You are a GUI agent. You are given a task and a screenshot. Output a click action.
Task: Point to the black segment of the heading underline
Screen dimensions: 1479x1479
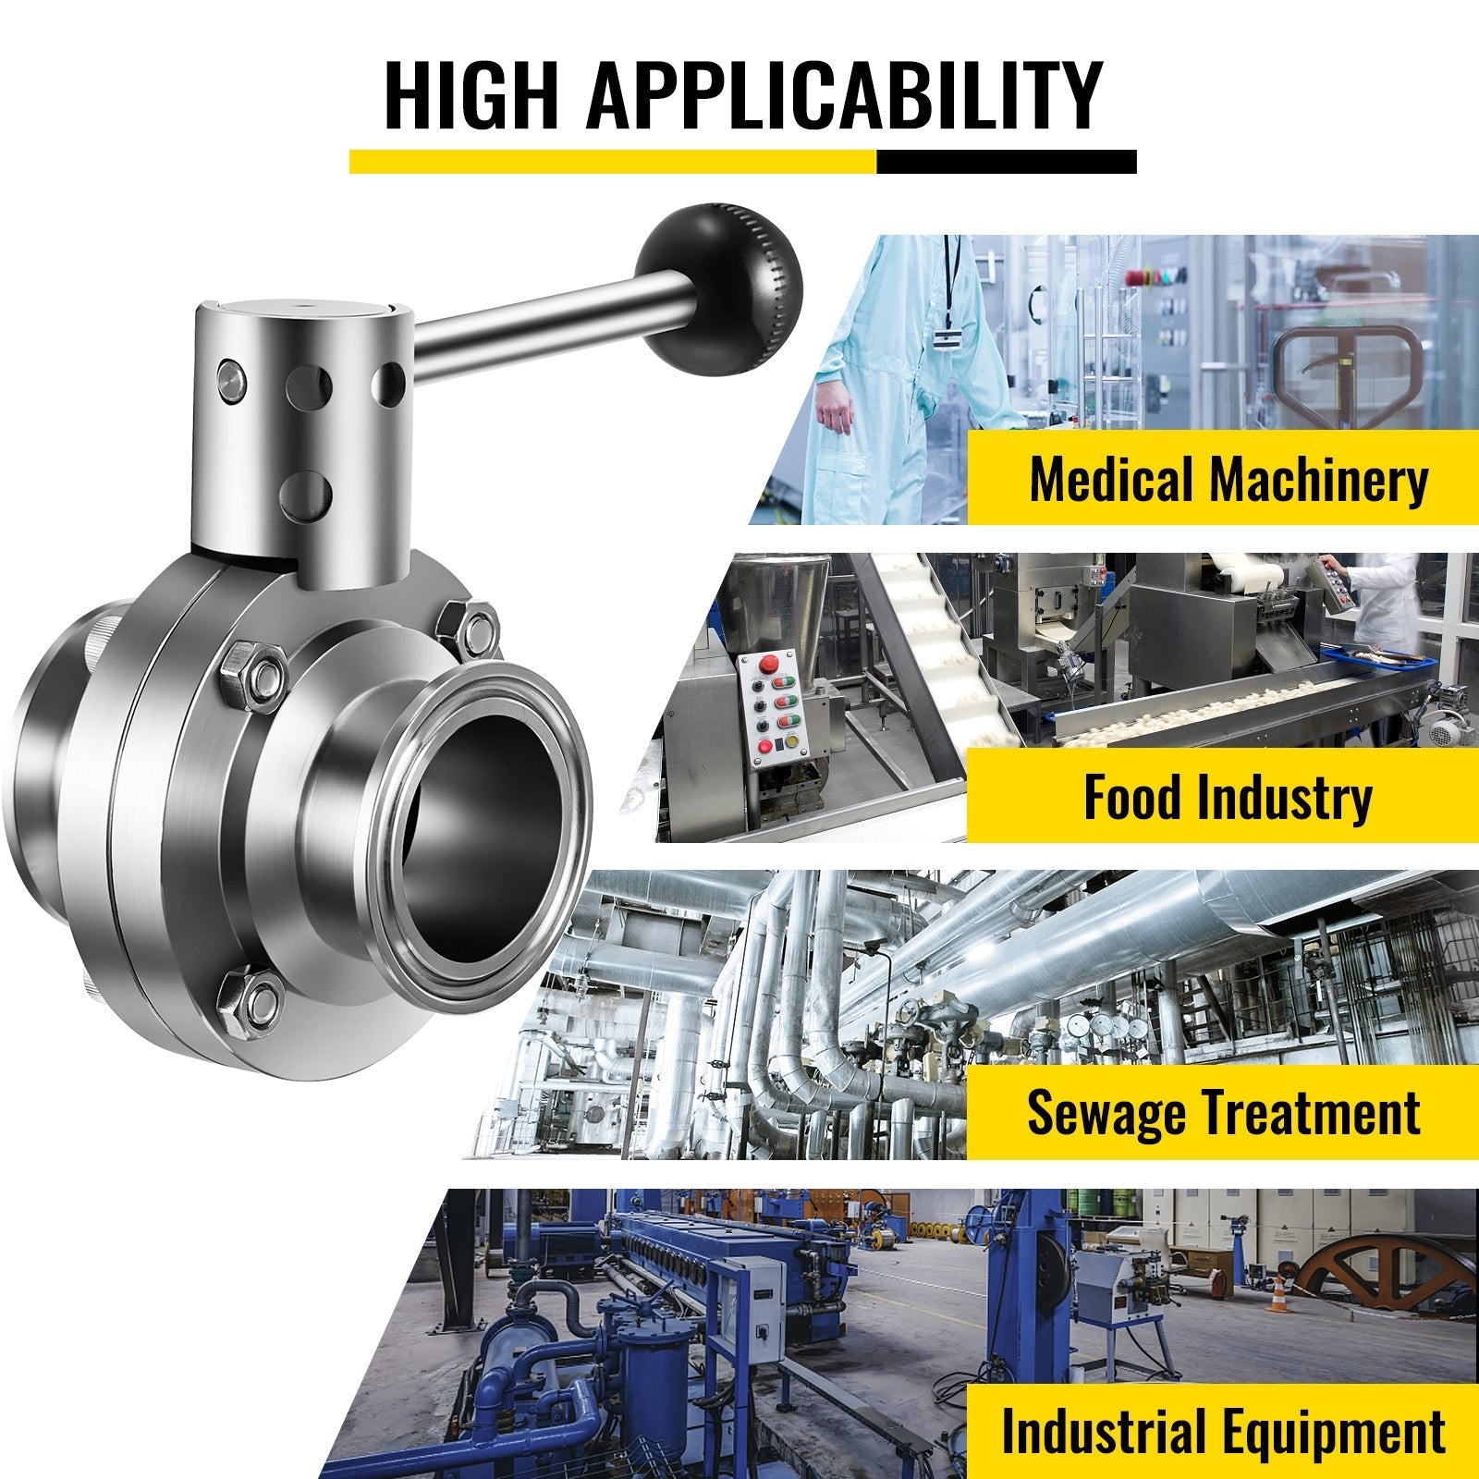click(x=1006, y=162)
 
